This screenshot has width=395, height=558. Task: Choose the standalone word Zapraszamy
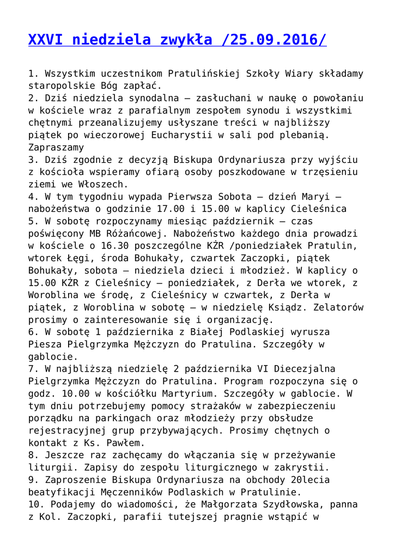click(x=56, y=147)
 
